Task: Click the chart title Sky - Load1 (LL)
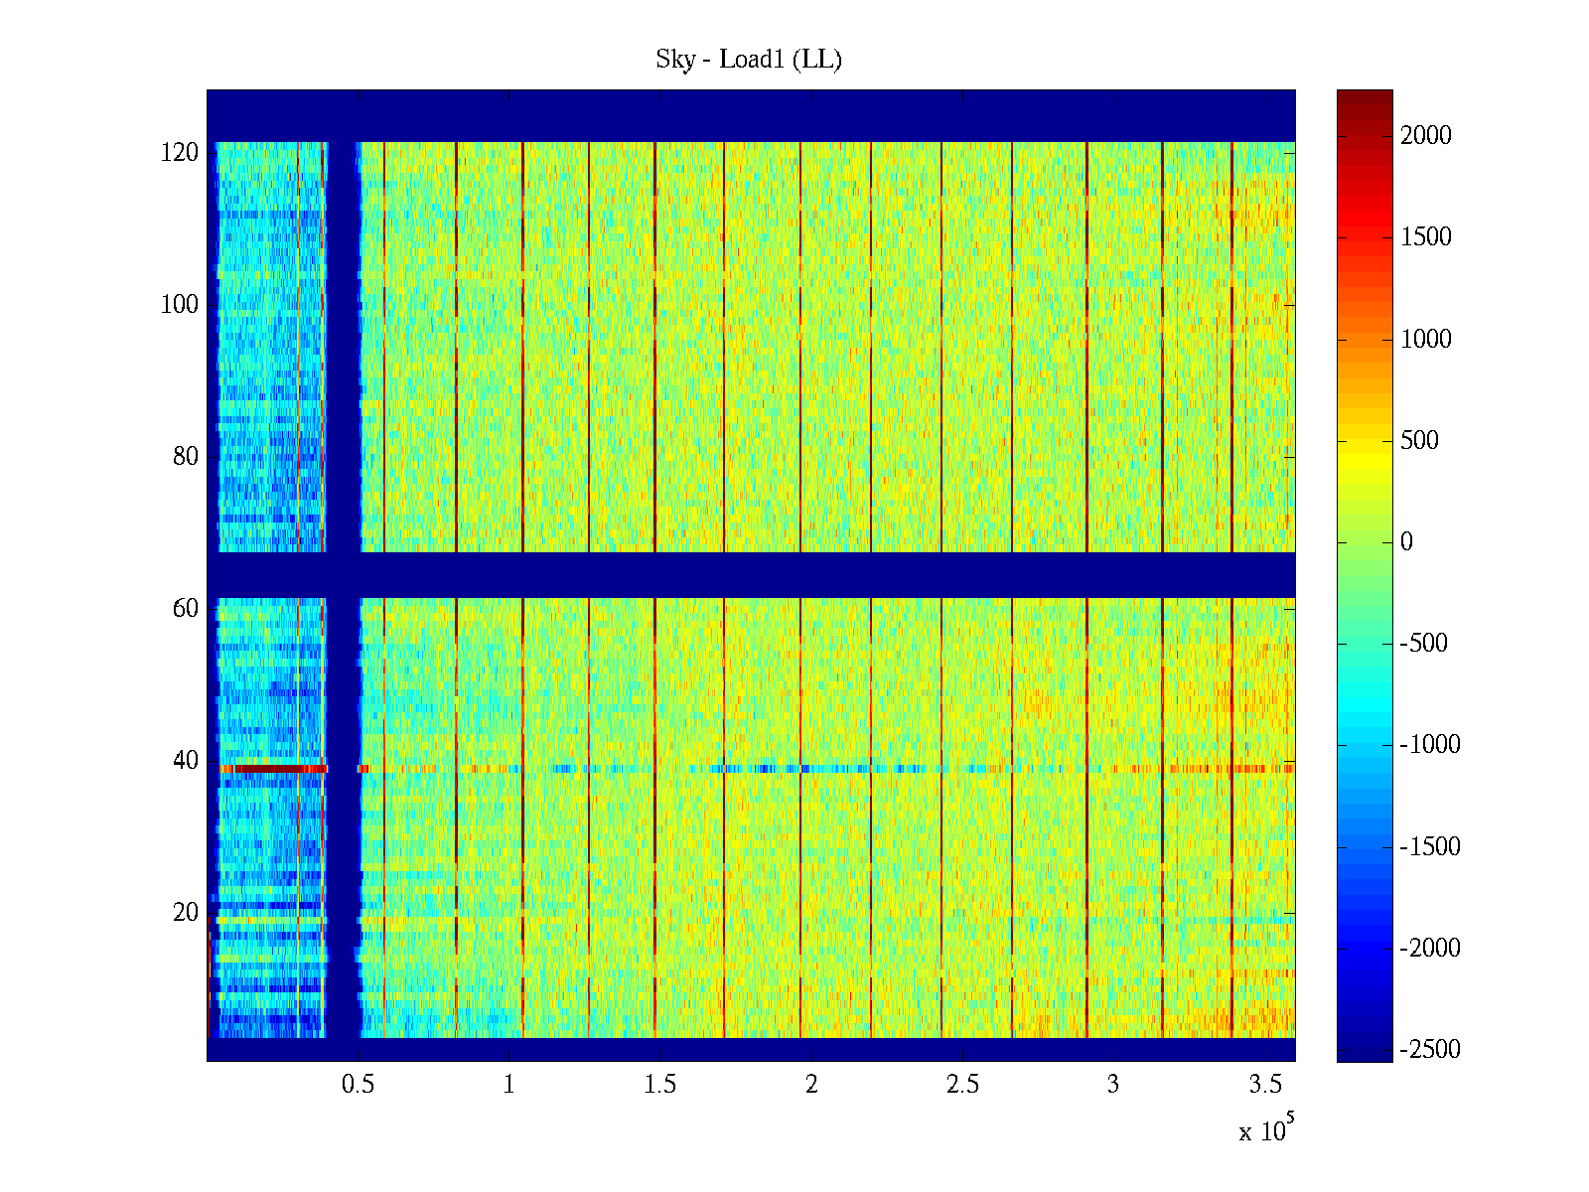pyautogui.click(x=749, y=60)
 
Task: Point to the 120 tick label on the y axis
pyautogui.click(x=180, y=152)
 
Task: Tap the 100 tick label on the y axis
pyautogui.click(x=180, y=304)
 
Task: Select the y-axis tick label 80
pyautogui.click(x=186, y=456)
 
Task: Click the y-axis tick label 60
pyautogui.click(x=186, y=608)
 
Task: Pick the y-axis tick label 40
pyautogui.click(x=186, y=760)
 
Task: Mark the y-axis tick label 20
pyautogui.click(x=186, y=912)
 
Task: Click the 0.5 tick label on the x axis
pyautogui.click(x=358, y=1085)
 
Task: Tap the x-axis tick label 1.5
pyautogui.click(x=660, y=1085)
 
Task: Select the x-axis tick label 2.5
pyautogui.click(x=962, y=1085)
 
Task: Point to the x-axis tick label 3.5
pyautogui.click(x=1265, y=1085)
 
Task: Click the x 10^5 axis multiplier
pyautogui.click(x=1266, y=1129)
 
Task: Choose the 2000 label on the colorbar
pyautogui.click(x=1425, y=136)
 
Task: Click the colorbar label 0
pyautogui.click(x=1406, y=542)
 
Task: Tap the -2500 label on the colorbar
pyautogui.click(x=1430, y=1050)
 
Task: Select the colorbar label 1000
pyautogui.click(x=1425, y=340)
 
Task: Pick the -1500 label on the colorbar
pyautogui.click(x=1430, y=847)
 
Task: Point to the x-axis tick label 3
pyautogui.click(x=1113, y=1085)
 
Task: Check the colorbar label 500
pyautogui.click(x=1419, y=441)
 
